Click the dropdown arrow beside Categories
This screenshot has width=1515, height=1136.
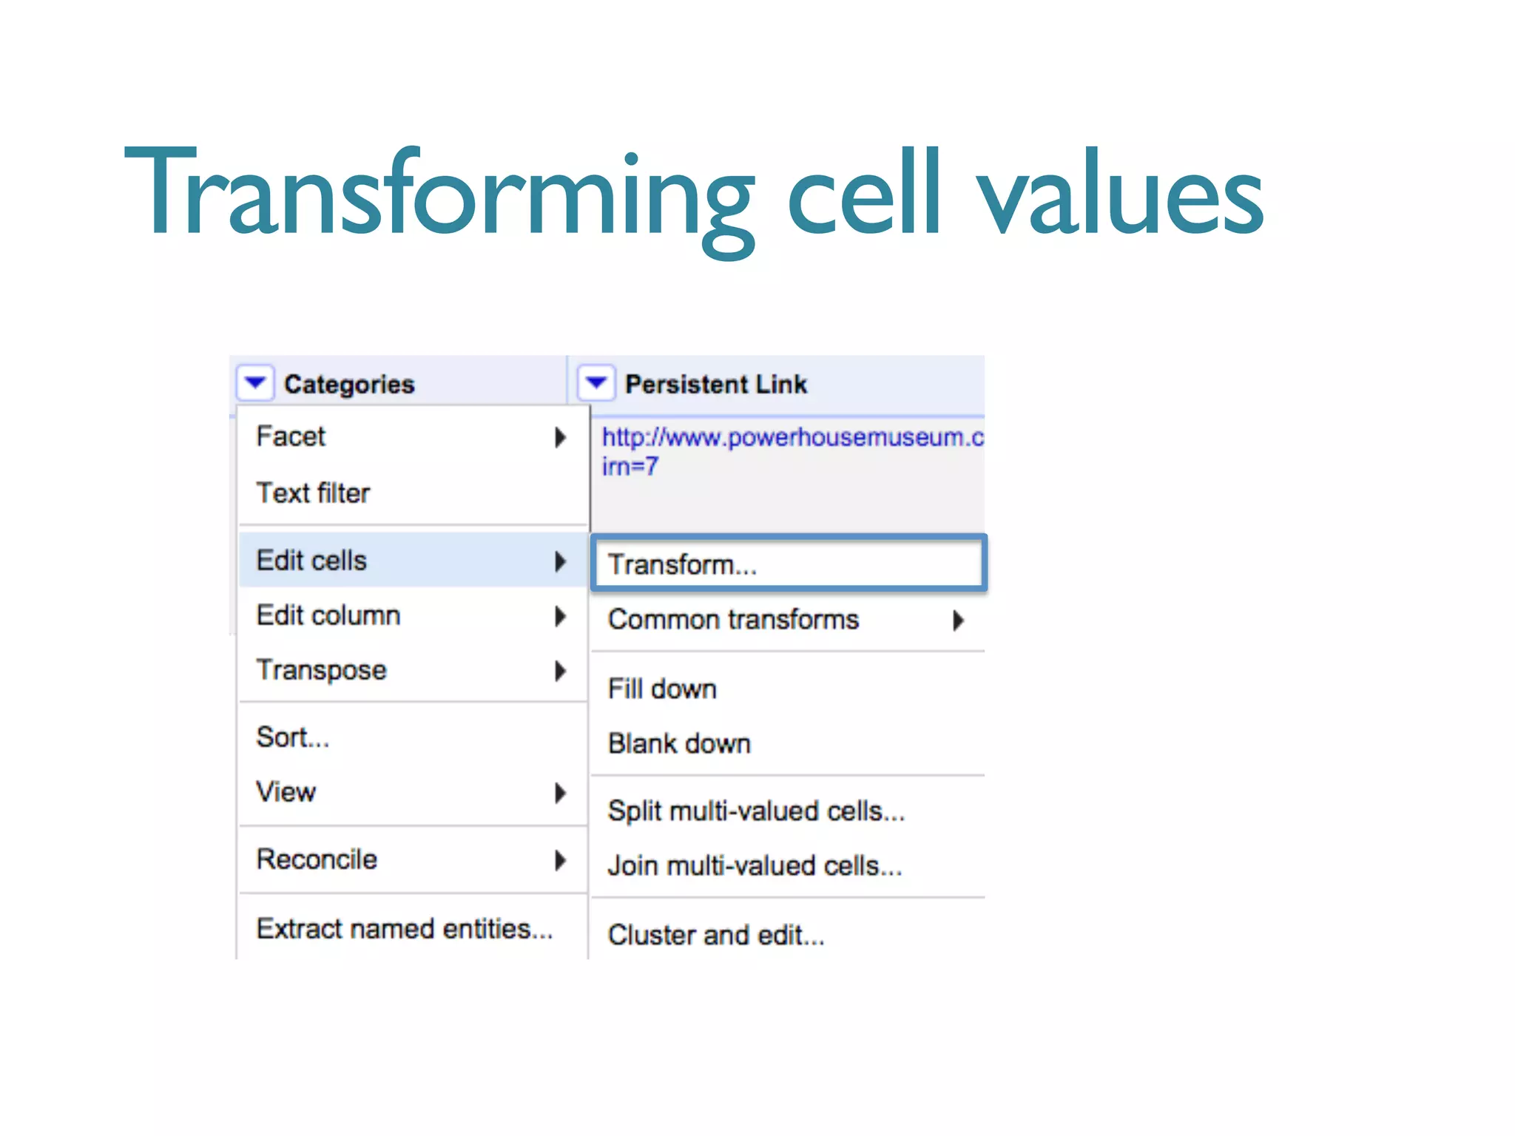255,383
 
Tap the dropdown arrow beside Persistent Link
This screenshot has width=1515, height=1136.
596,383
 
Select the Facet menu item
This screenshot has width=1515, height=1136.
291,436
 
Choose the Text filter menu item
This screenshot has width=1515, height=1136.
313,493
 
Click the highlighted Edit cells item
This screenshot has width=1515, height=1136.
311,561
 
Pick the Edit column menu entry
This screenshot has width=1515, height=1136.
328,615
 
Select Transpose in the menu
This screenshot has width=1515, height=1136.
321,670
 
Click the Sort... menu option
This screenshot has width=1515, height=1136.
292,737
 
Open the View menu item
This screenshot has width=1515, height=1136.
286,792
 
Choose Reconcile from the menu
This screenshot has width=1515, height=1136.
317,859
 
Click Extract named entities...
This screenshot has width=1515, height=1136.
404,928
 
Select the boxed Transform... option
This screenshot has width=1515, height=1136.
682,564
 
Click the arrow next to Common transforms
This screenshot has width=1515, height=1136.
958,620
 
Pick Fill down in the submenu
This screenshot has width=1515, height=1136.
662,689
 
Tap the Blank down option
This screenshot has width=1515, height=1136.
679,743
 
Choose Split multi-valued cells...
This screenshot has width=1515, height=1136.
756,811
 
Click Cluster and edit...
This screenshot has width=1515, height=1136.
715,935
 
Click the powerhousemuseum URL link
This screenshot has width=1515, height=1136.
792,438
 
